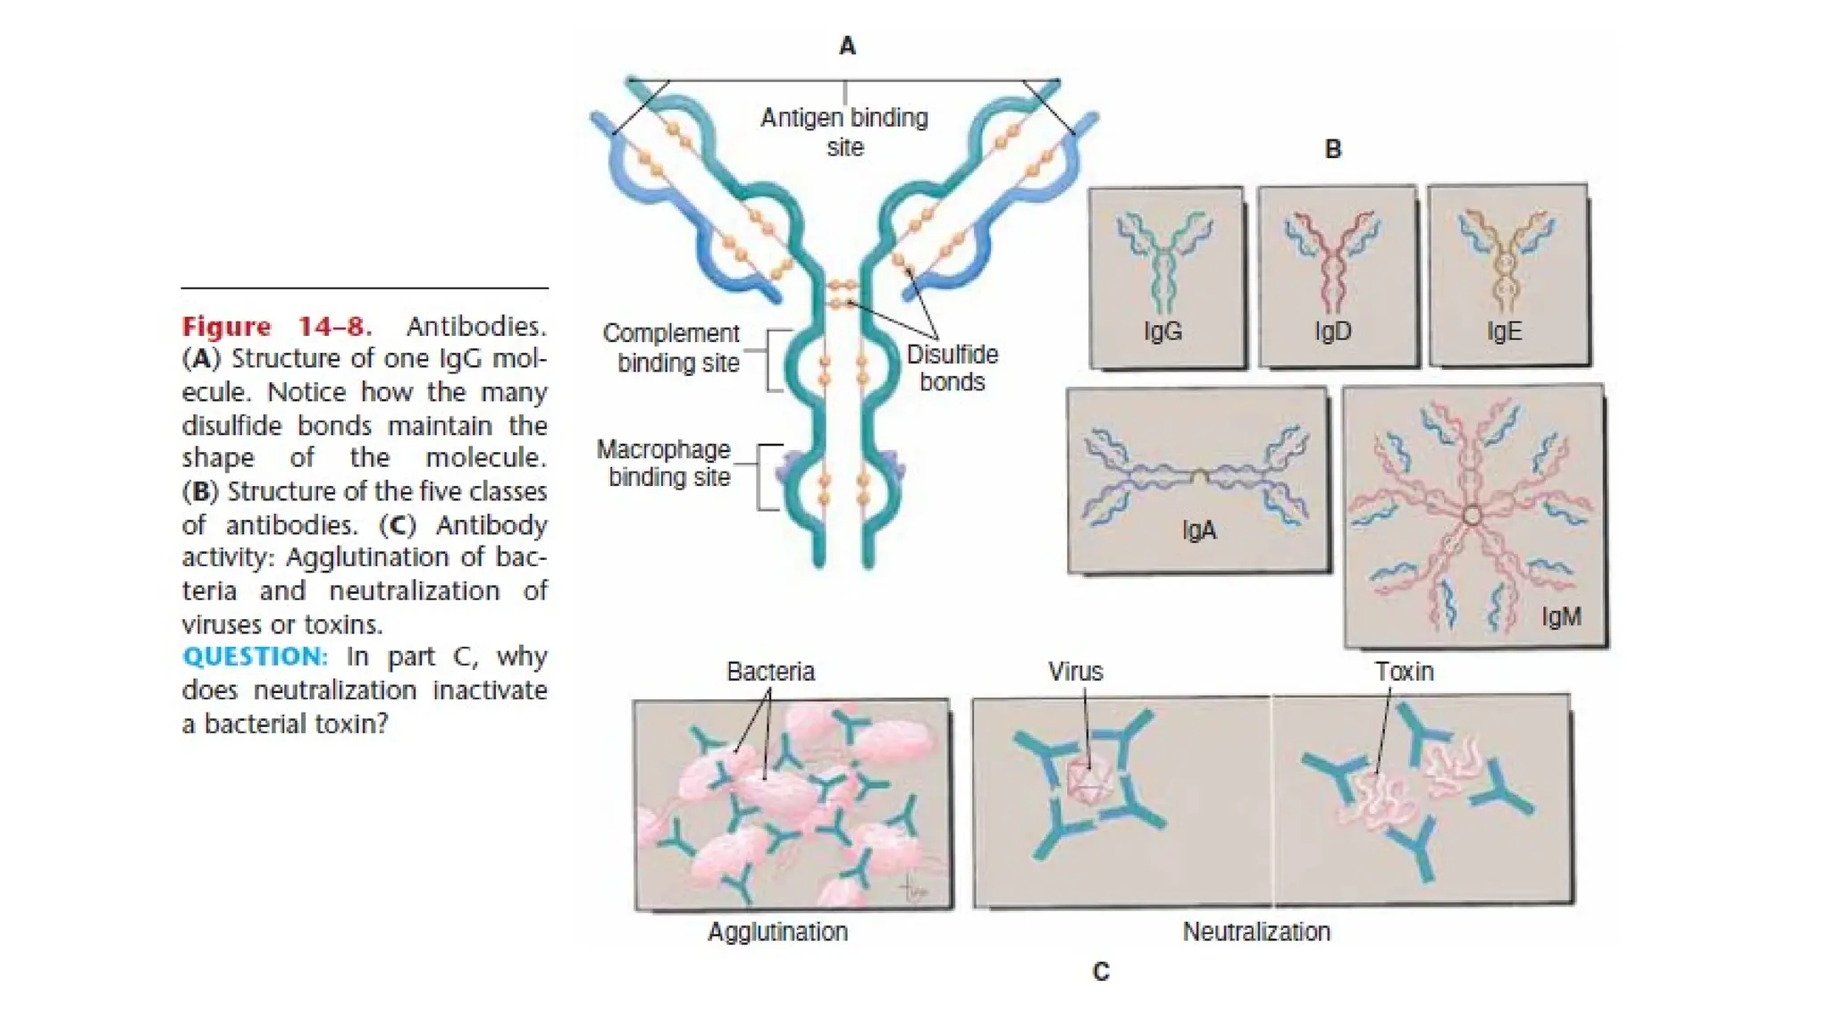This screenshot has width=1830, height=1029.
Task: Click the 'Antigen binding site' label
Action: [844, 131]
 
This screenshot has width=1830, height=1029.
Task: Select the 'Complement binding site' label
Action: [672, 347]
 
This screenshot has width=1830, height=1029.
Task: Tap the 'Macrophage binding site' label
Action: [665, 463]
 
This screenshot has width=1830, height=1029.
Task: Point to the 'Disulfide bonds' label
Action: [952, 367]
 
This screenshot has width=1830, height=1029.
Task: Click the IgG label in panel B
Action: [1163, 331]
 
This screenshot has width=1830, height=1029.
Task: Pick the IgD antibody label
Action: [1332, 331]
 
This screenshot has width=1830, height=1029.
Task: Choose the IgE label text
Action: [1504, 331]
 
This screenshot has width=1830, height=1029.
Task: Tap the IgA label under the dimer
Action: [1198, 531]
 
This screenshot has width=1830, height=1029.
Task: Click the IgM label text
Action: [1561, 616]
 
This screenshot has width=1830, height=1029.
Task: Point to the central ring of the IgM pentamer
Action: [1473, 515]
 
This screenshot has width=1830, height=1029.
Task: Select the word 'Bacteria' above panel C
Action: [770, 672]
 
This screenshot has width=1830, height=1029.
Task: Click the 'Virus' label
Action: [1075, 672]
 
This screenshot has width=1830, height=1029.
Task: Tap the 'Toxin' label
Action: [1404, 672]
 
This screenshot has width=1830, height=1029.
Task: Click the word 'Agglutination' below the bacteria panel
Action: [777, 932]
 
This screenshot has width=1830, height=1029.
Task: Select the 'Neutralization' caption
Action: [1256, 932]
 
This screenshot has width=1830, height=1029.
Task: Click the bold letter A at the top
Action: [847, 46]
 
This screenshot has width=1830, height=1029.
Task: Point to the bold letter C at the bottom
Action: [1101, 972]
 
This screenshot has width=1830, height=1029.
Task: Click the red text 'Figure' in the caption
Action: [226, 327]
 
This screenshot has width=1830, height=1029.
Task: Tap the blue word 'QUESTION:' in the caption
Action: [255, 657]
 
